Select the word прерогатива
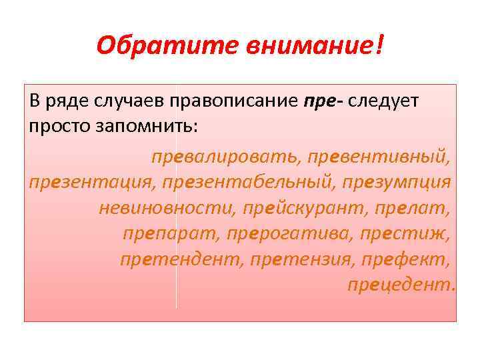point(289,233)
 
